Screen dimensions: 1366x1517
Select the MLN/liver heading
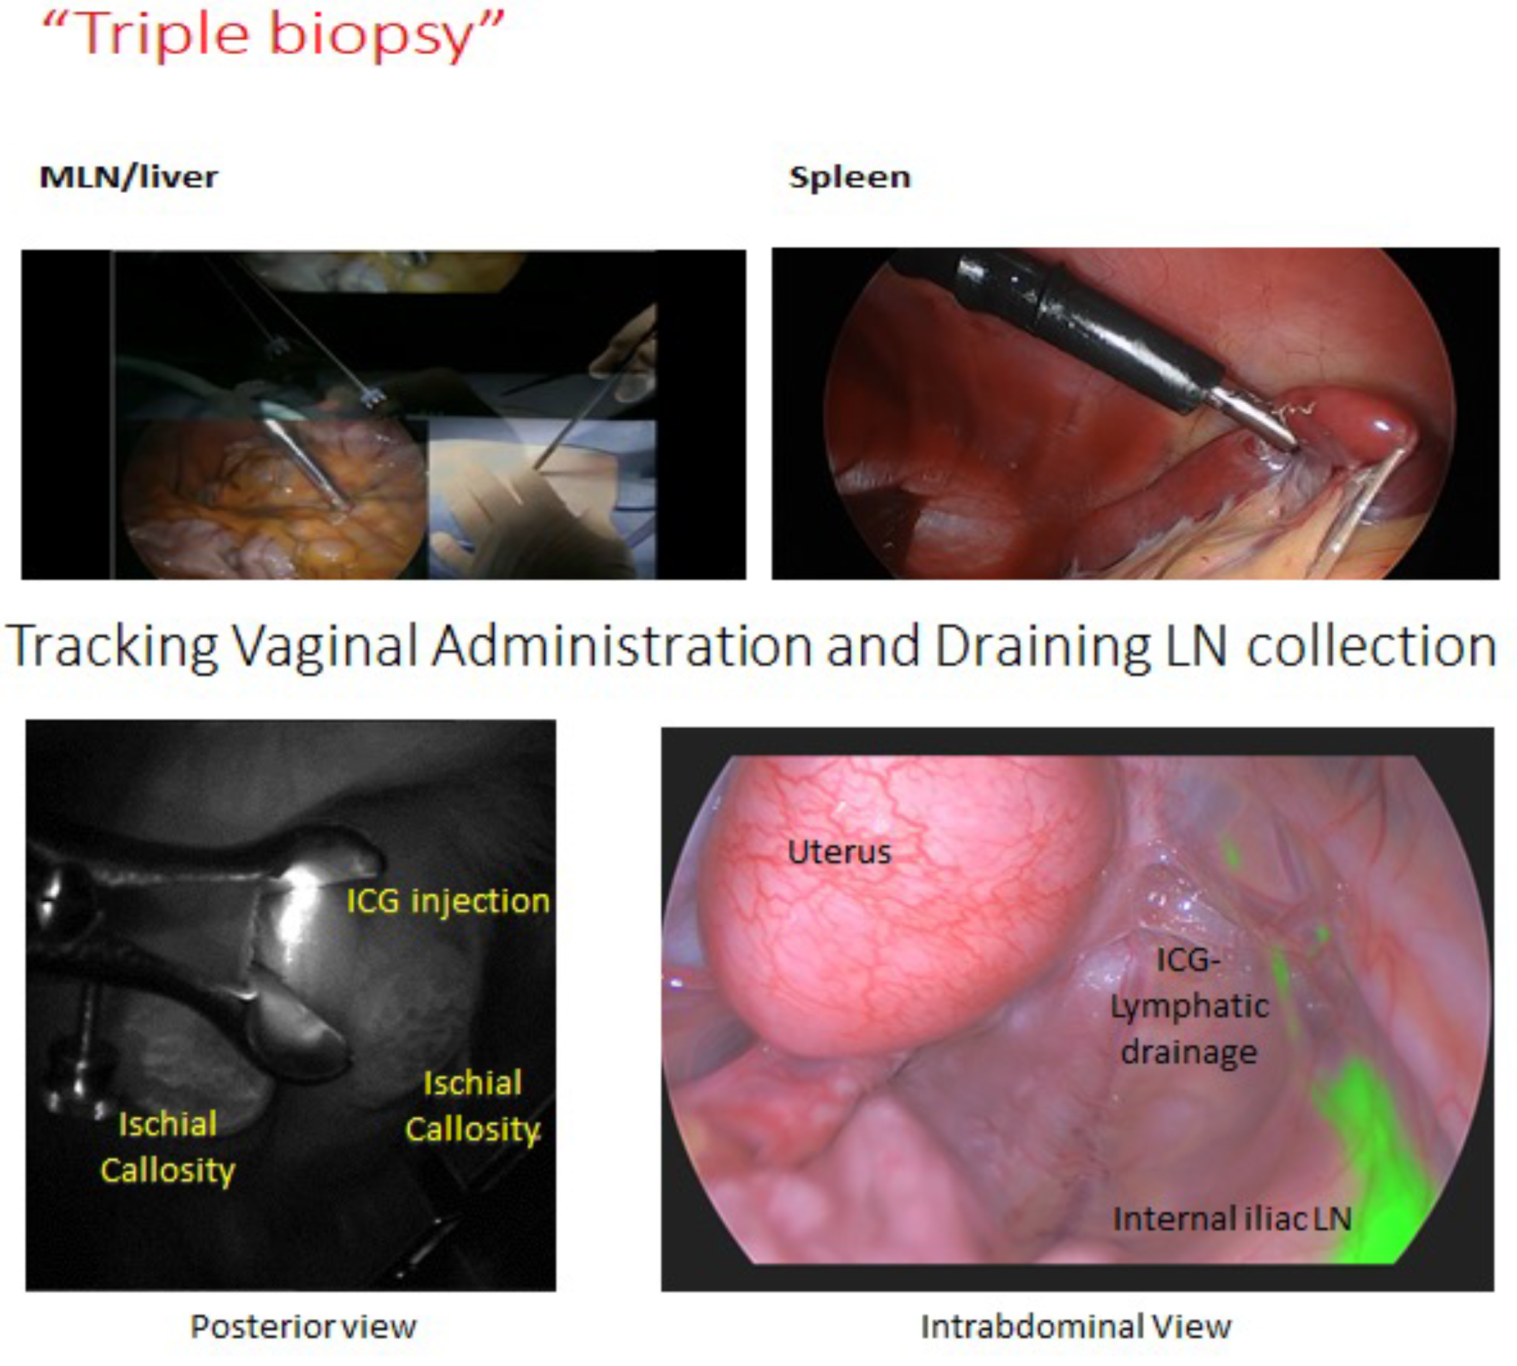pyautogui.click(x=128, y=177)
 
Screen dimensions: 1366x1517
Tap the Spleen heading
pyautogui.click(x=850, y=177)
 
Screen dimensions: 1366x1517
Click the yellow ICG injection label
pyautogui.click(x=448, y=901)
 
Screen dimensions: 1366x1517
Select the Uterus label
pyautogui.click(x=839, y=853)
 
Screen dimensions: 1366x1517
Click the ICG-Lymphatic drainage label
pyautogui.click(x=1189, y=1006)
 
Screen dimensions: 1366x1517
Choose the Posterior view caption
pyautogui.click(x=303, y=1327)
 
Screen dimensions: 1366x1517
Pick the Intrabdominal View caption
pyautogui.click(x=1076, y=1327)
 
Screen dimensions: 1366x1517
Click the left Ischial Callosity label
pyautogui.click(x=168, y=1147)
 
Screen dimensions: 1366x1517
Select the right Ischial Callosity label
pyautogui.click(x=472, y=1106)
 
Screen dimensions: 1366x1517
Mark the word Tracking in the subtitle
pyautogui.click(x=112, y=646)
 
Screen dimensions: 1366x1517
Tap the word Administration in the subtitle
pyautogui.click(x=623, y=646)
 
